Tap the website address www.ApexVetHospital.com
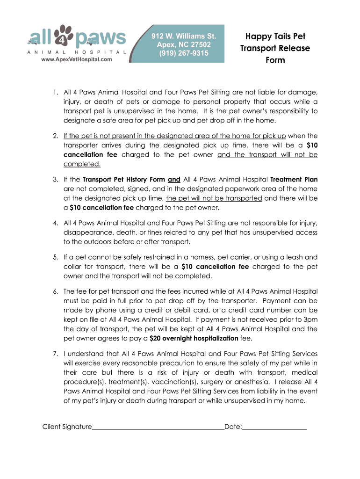(77, 60)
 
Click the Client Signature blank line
(158, 427)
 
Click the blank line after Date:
(274, 427)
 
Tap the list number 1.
(55, 92)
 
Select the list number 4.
(55, 223)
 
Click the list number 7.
(55, 354)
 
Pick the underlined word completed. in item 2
(82, 164)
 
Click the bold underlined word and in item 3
(174, 179)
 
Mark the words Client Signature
(67, 427)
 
